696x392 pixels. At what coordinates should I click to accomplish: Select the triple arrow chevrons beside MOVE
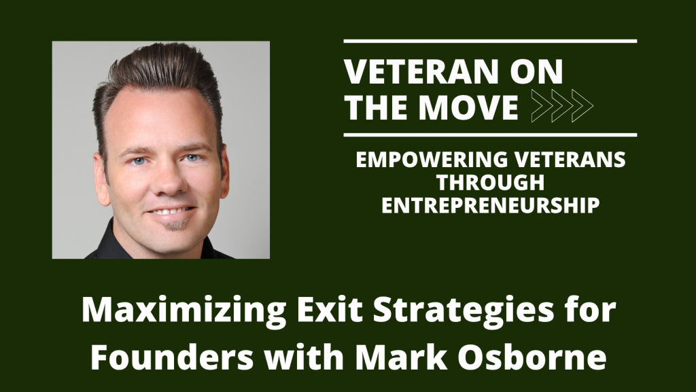point(561,107)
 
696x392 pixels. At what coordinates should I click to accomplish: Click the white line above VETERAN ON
point(489,41)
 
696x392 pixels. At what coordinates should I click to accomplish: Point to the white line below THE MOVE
point(489,135)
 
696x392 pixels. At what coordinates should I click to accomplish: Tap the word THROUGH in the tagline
point(490,183)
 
